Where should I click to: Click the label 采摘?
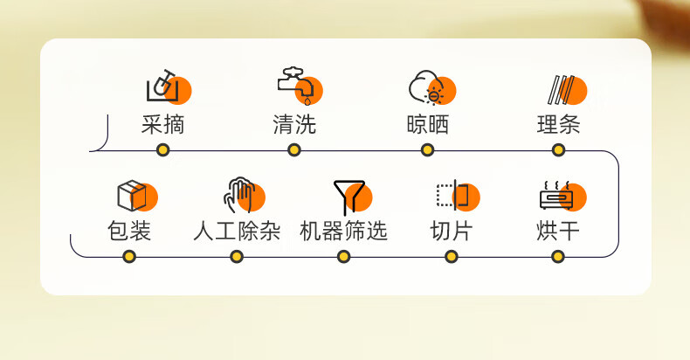[163, 125]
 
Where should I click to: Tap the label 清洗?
[294, 125]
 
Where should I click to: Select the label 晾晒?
[428, 125]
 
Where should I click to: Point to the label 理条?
[558, 125]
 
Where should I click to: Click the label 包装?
[129, 232]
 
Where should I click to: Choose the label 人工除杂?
[237, 232]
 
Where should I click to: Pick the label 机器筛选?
[343, 232]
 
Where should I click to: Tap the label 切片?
[451, 232]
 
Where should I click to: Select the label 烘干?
[558, 232]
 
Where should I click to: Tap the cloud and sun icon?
[427, 88]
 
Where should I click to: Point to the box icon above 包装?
[132, 196]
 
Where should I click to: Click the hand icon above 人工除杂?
[239, 195]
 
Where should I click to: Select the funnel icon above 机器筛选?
[348, 197]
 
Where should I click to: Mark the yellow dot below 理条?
[558, 150]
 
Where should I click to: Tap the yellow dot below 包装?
[129, 257]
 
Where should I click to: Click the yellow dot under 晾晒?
[427, 150]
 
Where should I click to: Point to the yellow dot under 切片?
[451, 257]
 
